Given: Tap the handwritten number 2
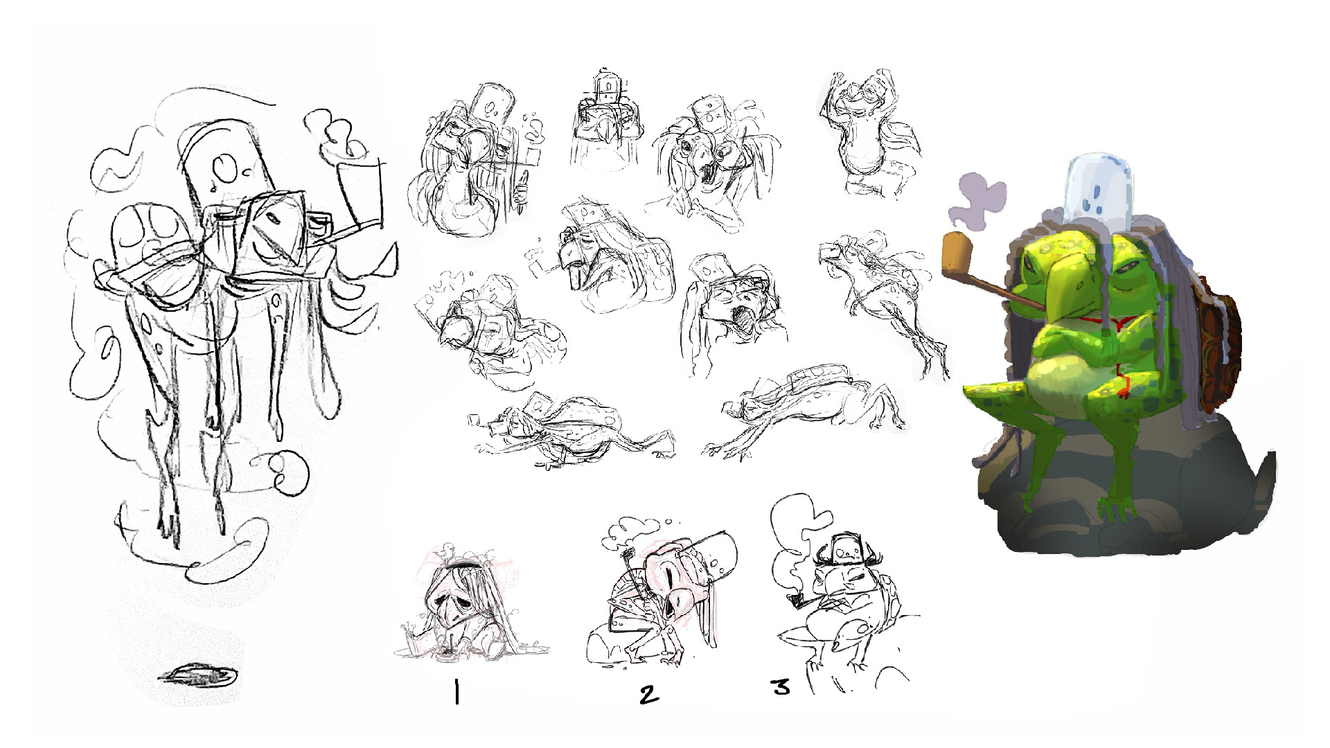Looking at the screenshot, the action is click(648, 693).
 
